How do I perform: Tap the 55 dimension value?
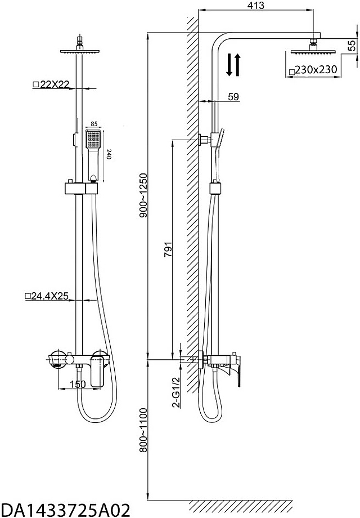tap(353, 45)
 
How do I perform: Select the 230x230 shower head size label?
tap(313, 70)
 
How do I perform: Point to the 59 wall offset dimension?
tap(233, 97)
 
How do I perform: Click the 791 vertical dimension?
tap(168, 250)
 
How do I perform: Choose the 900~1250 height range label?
tap(143, 195)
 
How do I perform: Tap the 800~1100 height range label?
tap(143, 430)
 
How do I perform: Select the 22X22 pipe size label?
tap(52, 84)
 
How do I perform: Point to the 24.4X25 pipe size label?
tap(47, 296)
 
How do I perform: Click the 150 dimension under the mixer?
tap(78, 384)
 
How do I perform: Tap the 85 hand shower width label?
tap(94, 124)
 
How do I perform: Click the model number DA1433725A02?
tap(66, 510)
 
